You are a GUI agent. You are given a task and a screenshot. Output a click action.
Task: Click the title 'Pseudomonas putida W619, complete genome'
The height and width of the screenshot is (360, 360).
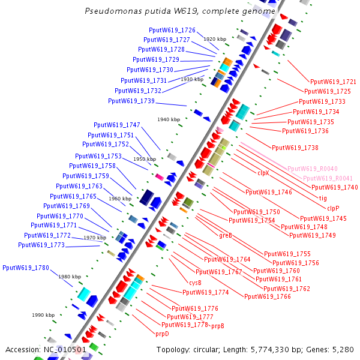tap(180, 11)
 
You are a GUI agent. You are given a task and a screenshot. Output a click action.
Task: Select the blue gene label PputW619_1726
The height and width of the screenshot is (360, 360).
tap(172, 30)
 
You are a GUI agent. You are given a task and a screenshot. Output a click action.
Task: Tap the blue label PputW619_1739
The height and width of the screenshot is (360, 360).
tap(131, 101)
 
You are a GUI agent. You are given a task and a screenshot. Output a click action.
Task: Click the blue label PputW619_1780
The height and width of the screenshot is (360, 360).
tap(26, 268)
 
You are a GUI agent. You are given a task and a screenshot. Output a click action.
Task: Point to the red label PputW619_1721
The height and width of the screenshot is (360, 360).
tap(333, 81)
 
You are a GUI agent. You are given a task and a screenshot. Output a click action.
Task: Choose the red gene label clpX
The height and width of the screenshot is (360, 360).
tap(263, 173)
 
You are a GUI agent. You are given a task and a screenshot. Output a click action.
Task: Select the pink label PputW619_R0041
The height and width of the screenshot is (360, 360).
tap(328, 179)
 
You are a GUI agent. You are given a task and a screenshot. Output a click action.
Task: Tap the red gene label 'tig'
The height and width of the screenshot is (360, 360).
tap(323, 198)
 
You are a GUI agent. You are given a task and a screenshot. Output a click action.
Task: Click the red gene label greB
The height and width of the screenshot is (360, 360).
tap(225, 235)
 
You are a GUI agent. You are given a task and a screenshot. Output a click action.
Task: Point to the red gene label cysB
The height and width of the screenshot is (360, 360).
tap(195, 282)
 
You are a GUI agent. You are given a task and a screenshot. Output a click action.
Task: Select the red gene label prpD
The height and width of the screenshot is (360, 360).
tap(162, 333)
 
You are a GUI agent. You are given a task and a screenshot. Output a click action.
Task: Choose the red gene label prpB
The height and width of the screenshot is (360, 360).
tap(217, 326)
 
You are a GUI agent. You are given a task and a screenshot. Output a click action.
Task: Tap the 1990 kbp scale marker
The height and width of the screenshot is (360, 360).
tap(43, 314)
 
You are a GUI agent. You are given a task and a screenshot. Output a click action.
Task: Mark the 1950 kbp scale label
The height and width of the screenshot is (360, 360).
tap(145, 159)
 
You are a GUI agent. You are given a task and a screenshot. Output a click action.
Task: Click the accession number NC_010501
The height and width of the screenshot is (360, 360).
tap(46, 349)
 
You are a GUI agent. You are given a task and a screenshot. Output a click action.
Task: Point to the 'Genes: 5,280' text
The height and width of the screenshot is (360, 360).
tap(331, 349)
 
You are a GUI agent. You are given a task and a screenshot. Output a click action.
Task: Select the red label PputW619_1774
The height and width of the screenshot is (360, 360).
tap(205, 292)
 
